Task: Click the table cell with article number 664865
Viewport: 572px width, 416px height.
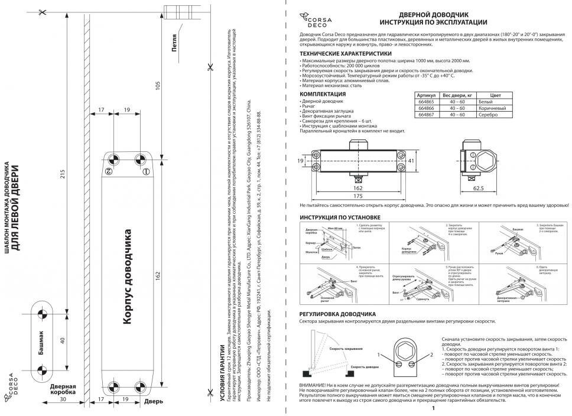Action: tap(425, 102)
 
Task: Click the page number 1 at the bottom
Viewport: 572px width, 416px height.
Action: tap(433, 408)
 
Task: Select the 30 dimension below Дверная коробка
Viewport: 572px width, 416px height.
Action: tap(63, 399)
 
